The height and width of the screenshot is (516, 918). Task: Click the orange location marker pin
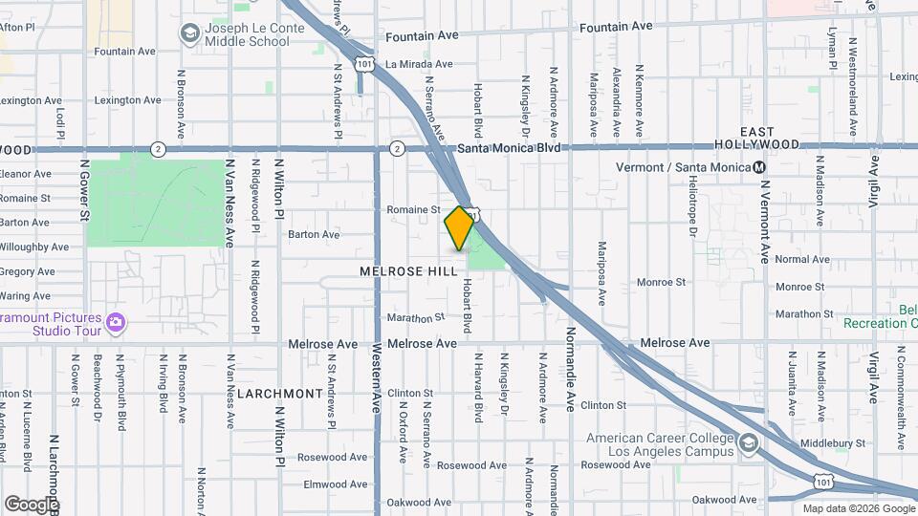tap(460, 227)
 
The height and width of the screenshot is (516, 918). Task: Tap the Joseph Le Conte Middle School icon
tap(189, 34)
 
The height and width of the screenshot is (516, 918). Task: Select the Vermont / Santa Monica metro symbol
tap(759, 168)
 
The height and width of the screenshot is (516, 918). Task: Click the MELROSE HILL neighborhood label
tap(408, 271)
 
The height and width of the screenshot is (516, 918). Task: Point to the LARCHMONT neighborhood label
tap(280, 394)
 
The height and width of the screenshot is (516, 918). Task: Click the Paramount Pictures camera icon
tap(116, 322)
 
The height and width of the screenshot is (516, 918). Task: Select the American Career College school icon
tap(749, 443)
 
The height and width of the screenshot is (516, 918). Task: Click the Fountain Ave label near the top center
tap(422, 35)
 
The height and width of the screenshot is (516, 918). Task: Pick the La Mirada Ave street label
tap(417, 65)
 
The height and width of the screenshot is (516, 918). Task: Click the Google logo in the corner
tap(31, 504)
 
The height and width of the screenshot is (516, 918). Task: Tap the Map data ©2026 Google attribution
tap(857, 508)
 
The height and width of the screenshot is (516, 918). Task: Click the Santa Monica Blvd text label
tap(507, 148)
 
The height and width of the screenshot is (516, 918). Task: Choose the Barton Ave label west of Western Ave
tap(314, 234)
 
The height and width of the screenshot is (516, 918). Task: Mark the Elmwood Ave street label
tap(335, 484)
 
